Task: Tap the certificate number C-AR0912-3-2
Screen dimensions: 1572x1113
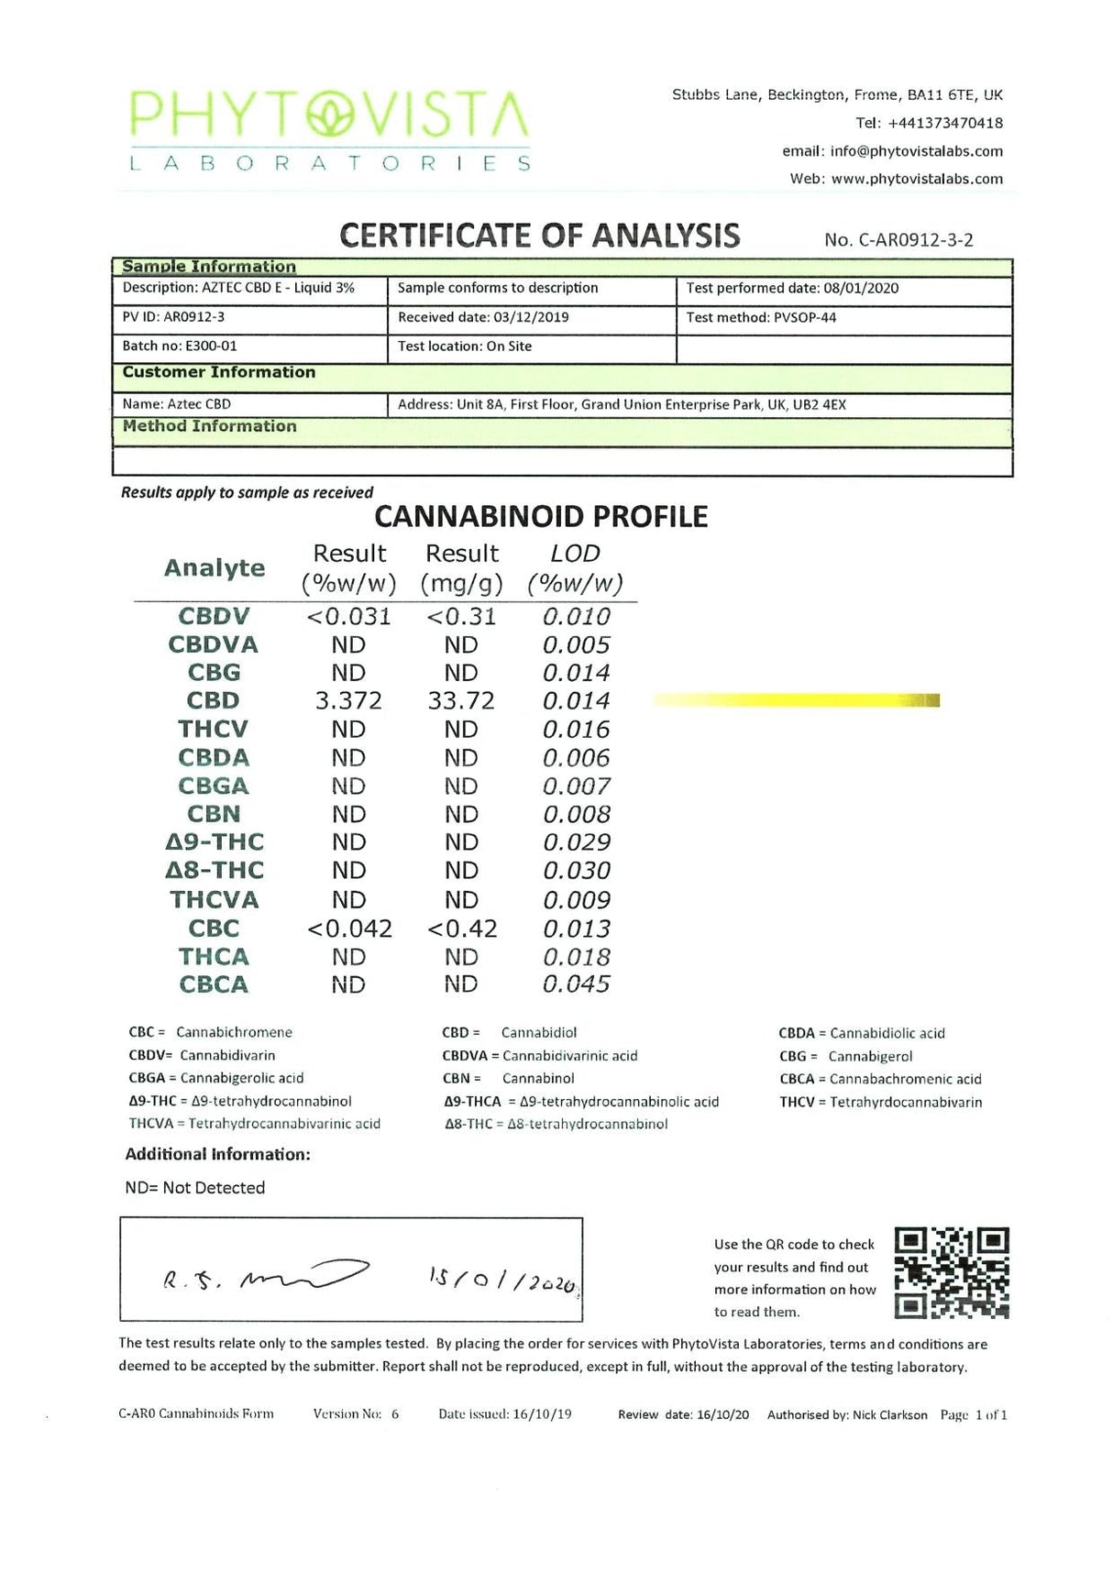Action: [898, 240]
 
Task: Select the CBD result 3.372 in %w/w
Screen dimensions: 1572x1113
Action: [348, 701]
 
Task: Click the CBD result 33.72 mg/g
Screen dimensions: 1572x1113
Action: [460, 701]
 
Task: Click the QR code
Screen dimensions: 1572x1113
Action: [951, 1272]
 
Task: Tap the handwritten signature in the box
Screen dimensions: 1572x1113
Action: [266, 1277]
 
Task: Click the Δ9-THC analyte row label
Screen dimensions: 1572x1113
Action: [215, 842]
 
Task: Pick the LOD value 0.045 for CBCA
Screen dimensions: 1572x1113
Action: [576, 984]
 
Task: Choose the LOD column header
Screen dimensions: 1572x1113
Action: [575, 568]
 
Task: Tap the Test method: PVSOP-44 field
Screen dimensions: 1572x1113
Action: [761, 318]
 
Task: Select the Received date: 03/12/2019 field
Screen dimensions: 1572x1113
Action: [483, 318]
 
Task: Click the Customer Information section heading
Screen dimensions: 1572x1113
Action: [219, 372]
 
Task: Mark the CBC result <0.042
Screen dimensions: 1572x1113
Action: [349, 929]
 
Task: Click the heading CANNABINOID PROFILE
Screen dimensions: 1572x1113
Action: [541, 517]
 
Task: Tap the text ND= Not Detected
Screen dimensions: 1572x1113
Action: [195, 1188]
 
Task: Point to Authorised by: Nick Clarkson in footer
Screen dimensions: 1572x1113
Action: [846, 1415]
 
